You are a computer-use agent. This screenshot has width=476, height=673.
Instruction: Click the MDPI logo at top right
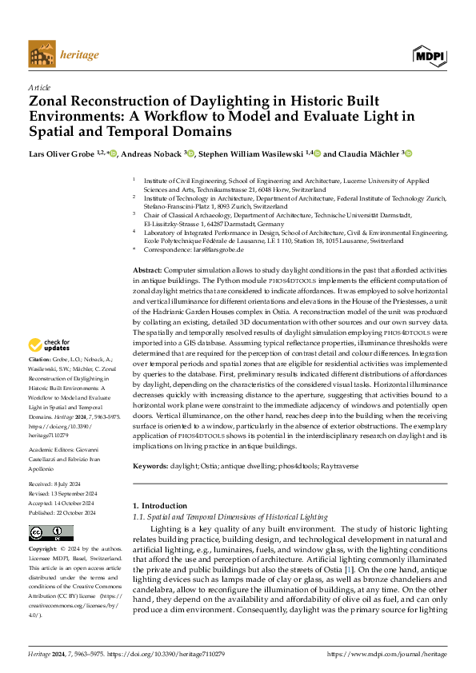429,55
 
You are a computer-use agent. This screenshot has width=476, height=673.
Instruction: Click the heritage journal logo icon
42,55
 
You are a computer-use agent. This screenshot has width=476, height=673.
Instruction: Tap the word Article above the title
39,86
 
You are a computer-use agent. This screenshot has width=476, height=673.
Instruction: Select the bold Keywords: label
150,465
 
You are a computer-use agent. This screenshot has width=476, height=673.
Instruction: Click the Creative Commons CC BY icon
50,533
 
